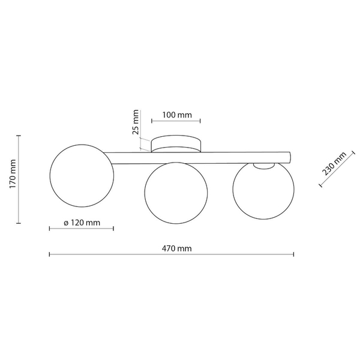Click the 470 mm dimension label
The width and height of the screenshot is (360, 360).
[176, 248]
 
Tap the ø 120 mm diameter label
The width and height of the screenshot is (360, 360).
[82, 223]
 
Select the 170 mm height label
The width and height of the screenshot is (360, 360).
[13, 174]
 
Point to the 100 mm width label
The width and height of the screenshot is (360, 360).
[177, 115]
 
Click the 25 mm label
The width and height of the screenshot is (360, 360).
[136, 122]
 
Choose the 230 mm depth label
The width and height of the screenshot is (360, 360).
[334, 163]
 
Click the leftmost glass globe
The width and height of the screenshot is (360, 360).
[50, 176]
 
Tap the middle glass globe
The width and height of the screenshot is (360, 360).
[145, 193]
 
